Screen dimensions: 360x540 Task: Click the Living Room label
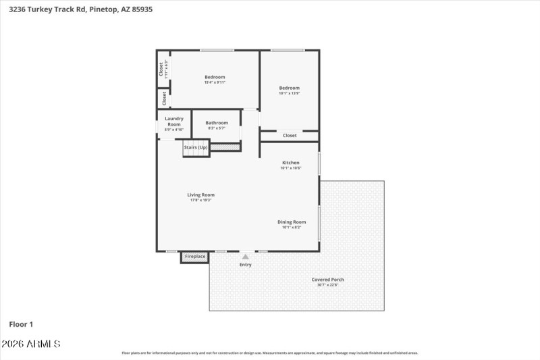200,195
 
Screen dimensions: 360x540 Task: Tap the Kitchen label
290,163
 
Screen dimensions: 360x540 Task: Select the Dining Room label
292,222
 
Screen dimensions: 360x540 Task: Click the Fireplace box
195,257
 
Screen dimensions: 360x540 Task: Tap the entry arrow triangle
245,257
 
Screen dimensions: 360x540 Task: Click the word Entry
245,264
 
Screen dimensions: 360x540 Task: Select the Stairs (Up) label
195,147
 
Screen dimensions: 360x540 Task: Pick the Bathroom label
217,123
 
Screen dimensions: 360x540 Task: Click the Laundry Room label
174,122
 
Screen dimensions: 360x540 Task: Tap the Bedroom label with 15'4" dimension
215,77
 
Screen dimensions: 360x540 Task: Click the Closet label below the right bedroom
290,136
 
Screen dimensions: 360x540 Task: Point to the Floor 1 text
21,324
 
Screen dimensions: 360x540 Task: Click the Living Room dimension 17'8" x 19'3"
200,200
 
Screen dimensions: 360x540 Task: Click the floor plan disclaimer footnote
269,353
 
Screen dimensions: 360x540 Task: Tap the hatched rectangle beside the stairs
225,147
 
